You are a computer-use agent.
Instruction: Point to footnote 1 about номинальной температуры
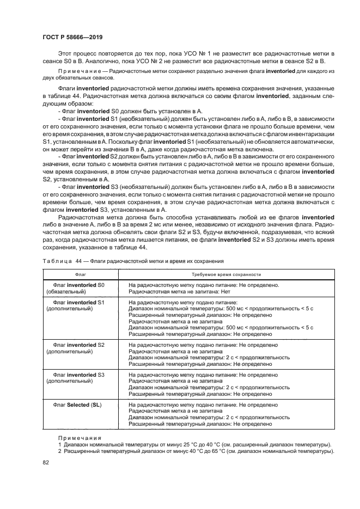[194, 444]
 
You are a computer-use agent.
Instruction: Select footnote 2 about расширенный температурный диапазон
[194, 451]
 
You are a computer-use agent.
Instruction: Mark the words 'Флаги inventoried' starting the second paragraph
[83, 87]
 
